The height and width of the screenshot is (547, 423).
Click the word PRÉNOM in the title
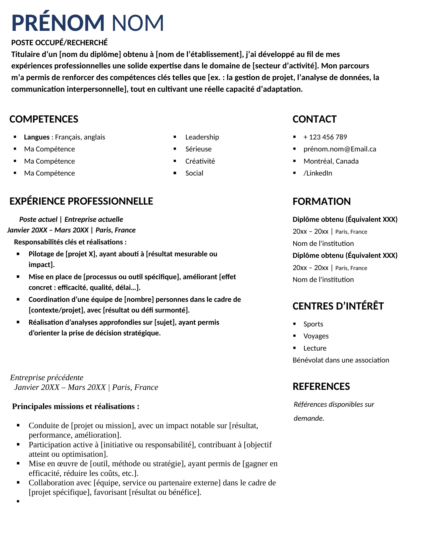click(x=58, y=23)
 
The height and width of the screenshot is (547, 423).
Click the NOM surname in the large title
click(x=138, y=23)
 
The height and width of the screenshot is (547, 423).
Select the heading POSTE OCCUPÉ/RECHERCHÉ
click(x=59, y=43)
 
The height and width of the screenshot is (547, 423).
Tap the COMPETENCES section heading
click(x=44, y=119)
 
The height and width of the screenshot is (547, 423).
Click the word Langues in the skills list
click(x=37, y=137)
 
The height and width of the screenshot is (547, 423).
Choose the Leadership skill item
click(x=202, y=137)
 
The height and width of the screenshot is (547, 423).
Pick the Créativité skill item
click(x=200, y=161)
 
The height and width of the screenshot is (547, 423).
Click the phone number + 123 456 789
click(x=325, y=137)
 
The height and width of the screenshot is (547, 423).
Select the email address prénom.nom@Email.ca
click(x=340, y=149)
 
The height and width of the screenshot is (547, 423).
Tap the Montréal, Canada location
click(x=331, y=161)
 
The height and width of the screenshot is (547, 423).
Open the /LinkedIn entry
click(x=317, y=173)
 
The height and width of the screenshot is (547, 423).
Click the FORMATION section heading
click(x=321, y=202)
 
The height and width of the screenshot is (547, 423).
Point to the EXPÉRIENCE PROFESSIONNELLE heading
click(x=81, y=201)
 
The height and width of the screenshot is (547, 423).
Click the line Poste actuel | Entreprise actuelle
click(x=71, y=220)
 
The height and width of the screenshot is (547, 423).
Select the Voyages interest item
click(x=316, y=336)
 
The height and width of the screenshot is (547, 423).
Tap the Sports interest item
click(x=313, y=324)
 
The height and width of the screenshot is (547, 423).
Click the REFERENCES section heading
click(x=321, y=387)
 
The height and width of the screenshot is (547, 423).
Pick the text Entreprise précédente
click(x=47, y=378)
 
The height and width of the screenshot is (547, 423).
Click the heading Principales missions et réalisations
click(x=75, y=407)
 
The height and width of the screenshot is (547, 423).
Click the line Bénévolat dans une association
click(x=341, y=360)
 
